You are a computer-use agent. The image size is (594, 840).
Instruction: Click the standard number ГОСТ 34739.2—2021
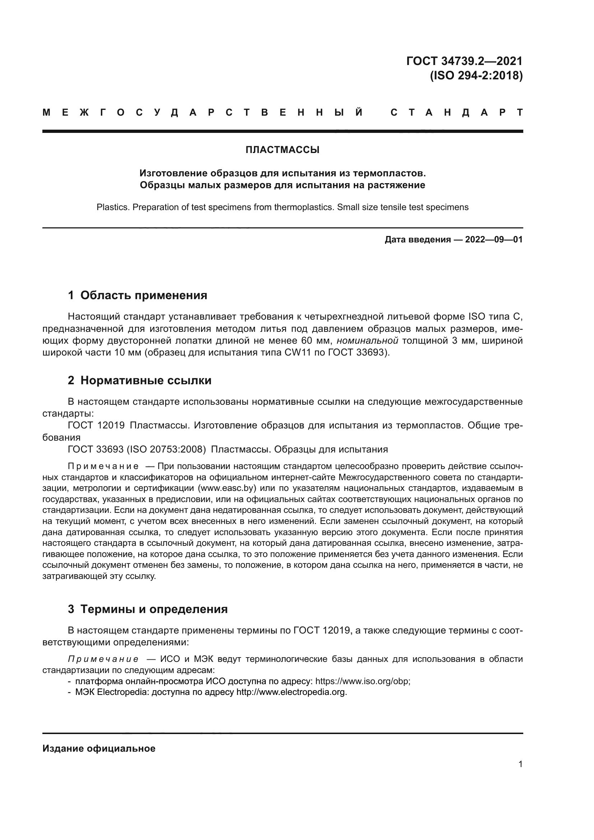[464, 61]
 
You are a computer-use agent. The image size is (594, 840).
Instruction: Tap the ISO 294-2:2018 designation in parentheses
[476, 75]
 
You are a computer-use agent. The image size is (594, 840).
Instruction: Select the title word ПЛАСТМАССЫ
[282, 150]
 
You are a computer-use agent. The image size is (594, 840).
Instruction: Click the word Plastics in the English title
[113, 207]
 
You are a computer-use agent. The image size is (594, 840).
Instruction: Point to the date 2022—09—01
[494, 240]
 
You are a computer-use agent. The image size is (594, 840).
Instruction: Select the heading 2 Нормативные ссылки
[140, 380]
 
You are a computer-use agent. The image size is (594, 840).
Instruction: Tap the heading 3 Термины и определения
[148, 609]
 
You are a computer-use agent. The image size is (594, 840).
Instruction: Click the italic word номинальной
[367, 341]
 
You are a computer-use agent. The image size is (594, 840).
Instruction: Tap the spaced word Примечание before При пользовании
[103, 467]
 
